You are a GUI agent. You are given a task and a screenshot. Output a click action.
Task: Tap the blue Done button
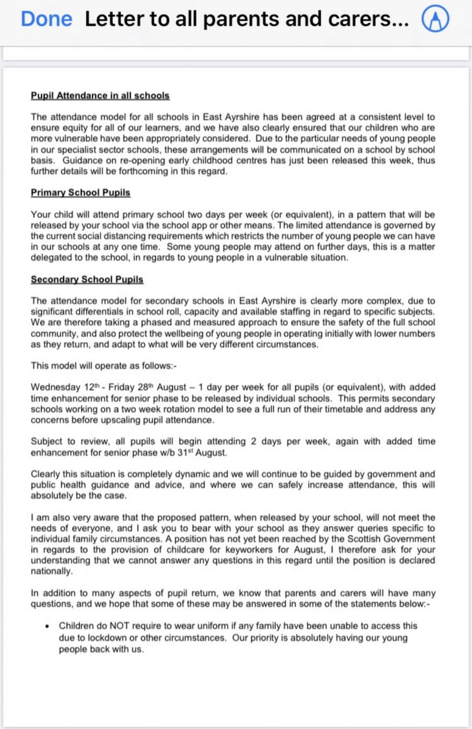[x=46, y=20]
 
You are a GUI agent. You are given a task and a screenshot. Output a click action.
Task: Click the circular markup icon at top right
[x=436, y=20]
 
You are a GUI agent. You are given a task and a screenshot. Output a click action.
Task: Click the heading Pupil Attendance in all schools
[x=99, y=95]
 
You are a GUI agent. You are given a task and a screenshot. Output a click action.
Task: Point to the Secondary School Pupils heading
[x=87, y=279]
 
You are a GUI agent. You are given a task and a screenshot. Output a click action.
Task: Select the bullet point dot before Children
[x=46, y=626]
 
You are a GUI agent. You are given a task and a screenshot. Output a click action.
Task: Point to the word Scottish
[x=366, y=539]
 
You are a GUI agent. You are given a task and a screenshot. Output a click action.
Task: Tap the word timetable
[x=321, y=409]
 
